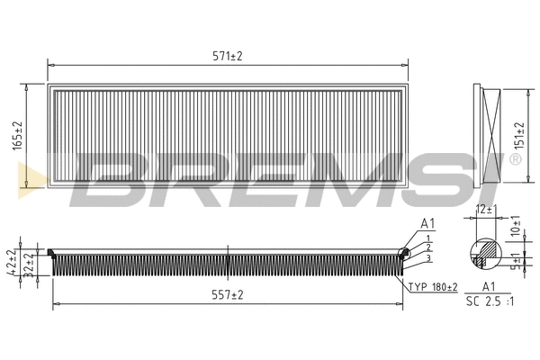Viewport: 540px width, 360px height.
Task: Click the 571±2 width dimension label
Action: point(227,56)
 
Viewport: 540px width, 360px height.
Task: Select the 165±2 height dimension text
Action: point(17,136)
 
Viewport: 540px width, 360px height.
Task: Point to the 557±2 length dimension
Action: point(227,295)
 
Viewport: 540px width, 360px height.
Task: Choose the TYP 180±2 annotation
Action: point(433,287)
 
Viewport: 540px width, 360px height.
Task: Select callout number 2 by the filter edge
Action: point(429,247)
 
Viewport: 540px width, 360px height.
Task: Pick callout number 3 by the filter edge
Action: point(429,258)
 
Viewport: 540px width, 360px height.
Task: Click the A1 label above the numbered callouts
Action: point(427,223)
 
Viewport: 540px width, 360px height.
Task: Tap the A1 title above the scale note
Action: point(489,286)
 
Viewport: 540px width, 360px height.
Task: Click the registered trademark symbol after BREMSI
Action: point(515,159)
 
